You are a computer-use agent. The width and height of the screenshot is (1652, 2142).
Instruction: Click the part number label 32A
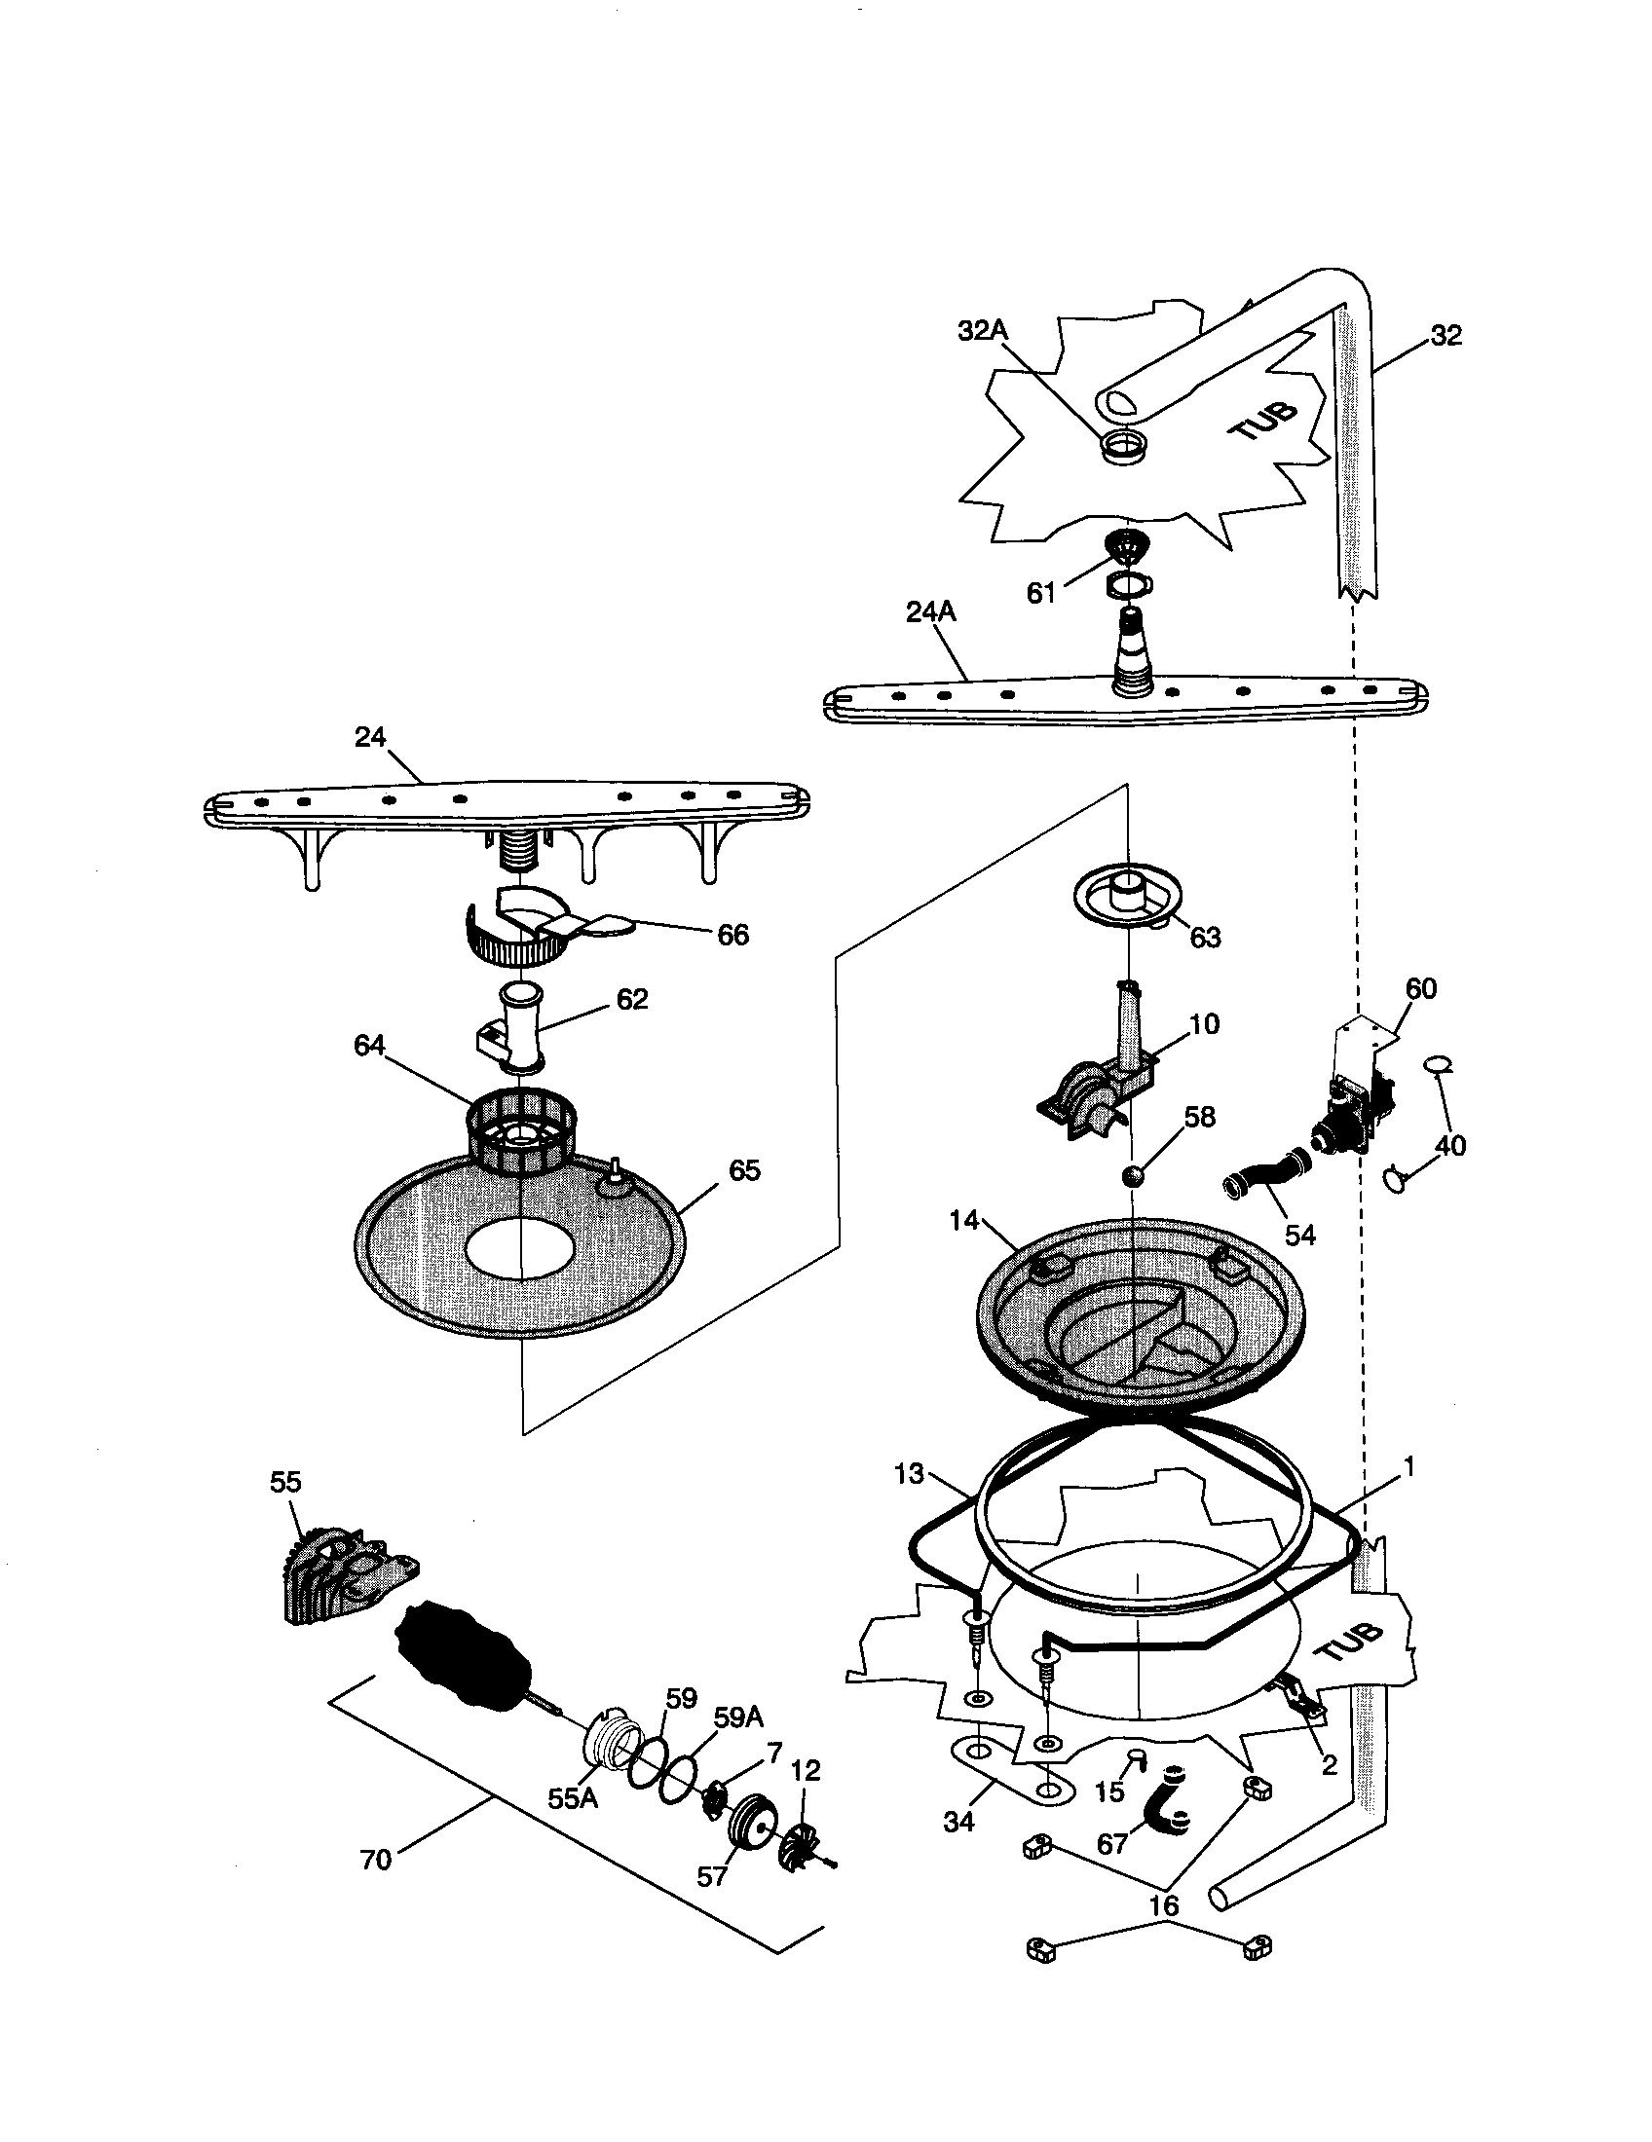pos(982,331)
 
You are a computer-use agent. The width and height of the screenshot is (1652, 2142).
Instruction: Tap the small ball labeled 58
pos(1133,1175)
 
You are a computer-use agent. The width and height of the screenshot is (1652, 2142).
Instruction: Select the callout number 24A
pos(930,612)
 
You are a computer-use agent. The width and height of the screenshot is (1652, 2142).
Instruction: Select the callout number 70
pos(376,1860)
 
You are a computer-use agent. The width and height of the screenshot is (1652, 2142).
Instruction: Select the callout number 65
pos(744,1170)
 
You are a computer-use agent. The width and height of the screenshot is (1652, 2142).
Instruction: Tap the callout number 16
pos(1163,1905)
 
